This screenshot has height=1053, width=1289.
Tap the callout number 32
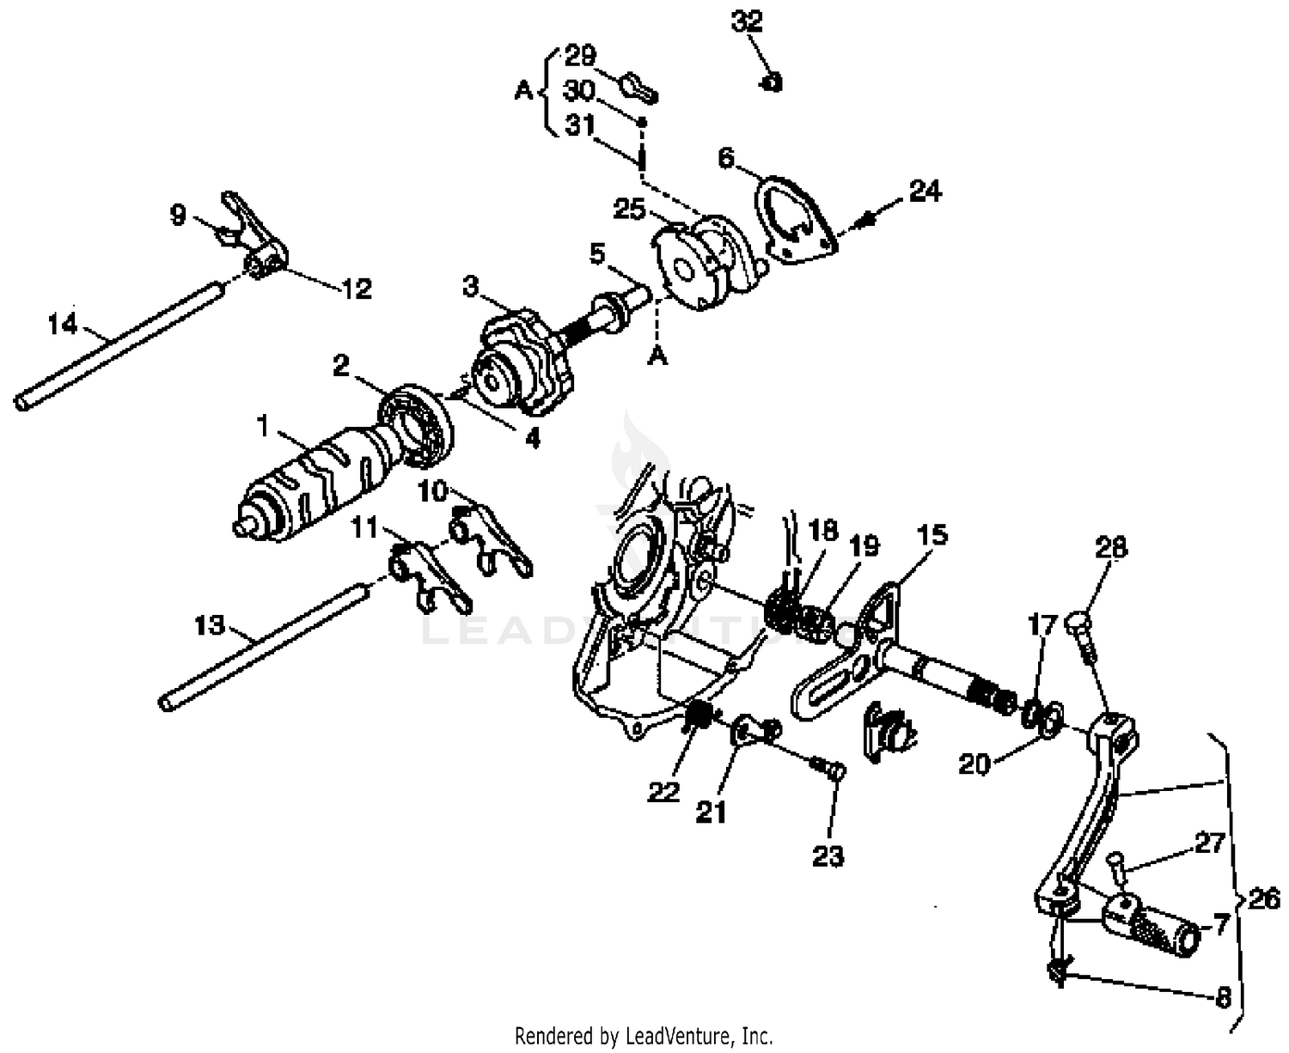(747, 21)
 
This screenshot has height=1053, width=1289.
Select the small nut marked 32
(771, 82)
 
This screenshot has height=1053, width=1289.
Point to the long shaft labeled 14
(120, 344)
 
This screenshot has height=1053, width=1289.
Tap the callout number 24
(925, 191)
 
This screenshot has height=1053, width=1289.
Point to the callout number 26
(1263, 899)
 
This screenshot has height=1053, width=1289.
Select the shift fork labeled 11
(425, 580)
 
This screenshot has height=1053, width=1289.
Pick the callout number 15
(931, 534)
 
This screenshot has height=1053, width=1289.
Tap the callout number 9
(177, 214)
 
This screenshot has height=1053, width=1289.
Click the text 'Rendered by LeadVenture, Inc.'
(644, 1036)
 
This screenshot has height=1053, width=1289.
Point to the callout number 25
(630, 209)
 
